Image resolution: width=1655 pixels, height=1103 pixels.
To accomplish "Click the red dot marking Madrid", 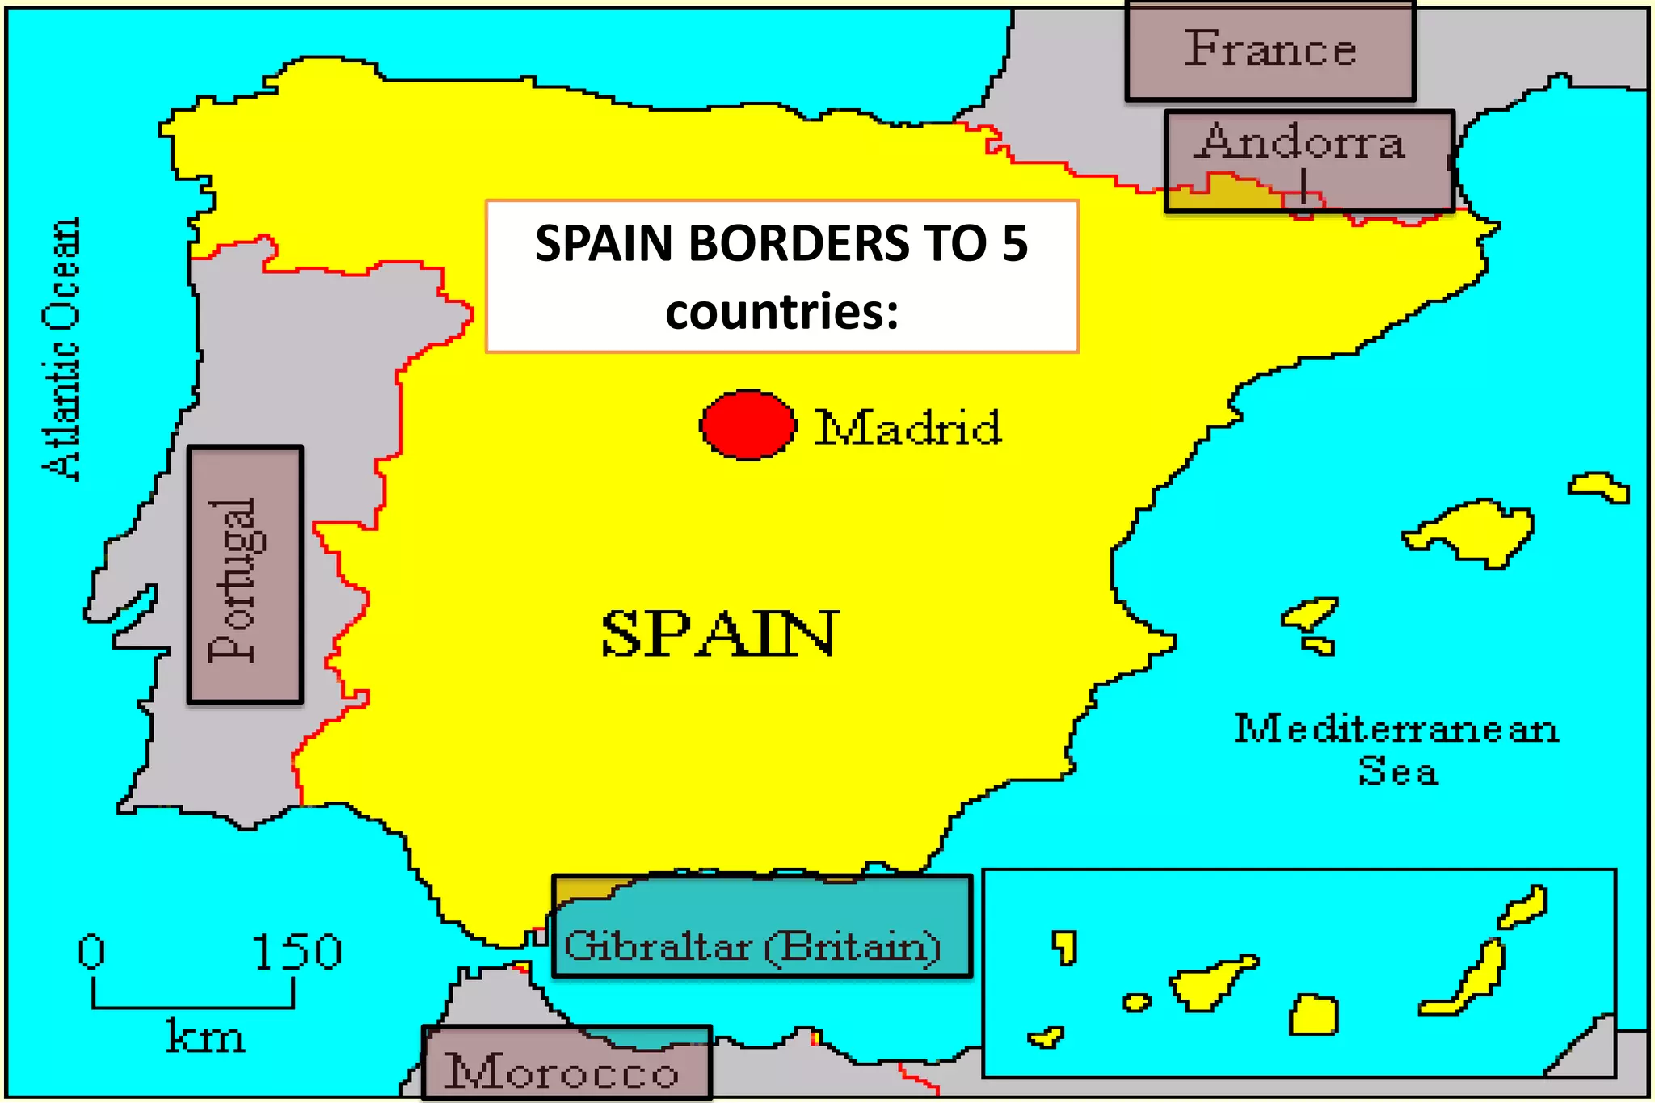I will [747, 425].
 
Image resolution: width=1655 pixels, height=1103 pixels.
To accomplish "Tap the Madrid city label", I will [908, 427].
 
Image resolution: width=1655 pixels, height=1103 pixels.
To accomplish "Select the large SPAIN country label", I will [719, 634].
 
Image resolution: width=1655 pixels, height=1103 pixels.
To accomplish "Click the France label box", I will [1270, 50].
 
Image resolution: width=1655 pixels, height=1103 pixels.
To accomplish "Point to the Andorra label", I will [1303, 143].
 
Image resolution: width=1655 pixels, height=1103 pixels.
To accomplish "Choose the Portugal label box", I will [245, 575].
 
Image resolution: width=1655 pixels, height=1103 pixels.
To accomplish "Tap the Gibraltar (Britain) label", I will [752, 945].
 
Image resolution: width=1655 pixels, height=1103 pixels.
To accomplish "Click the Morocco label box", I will [562, 1071].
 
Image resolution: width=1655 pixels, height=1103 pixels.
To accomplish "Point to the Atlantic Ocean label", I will [62, 349].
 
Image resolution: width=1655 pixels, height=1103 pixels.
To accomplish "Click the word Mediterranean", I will [1396, 729].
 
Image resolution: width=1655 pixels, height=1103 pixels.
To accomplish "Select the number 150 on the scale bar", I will [297, 952].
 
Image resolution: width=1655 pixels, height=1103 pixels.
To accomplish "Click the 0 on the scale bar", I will [91, 952].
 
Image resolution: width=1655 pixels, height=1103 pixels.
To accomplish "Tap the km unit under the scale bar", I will [204, 1037].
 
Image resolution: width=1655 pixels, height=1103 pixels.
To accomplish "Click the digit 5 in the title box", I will [1014, 243].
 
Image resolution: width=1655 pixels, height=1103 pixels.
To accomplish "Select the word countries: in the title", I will [781, 312].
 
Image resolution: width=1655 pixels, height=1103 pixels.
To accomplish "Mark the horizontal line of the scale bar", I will [193, 1007].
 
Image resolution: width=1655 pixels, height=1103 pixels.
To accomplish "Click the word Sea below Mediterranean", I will [1398, 772].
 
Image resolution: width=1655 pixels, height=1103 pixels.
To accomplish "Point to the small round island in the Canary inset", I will [1136, 1003].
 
